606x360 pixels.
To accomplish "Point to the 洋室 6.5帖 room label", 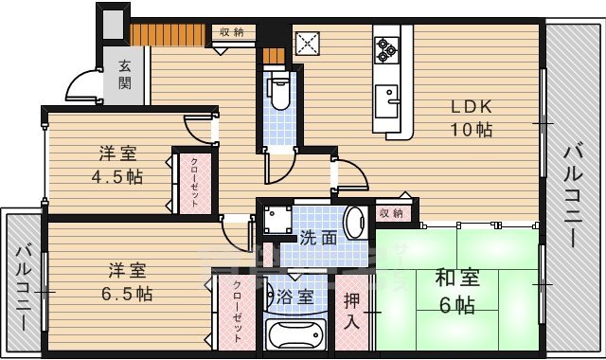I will click(128, 281).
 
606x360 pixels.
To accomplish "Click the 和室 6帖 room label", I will click(456, 292).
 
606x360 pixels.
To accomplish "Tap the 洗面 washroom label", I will click(318, 238).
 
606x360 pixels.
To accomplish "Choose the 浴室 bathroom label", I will click(295, 297).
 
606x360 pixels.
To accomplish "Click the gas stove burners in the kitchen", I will click(387, 47).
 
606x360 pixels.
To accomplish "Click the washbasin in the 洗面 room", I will click(354, 225).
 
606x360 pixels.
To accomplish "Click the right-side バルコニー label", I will click(574, 194).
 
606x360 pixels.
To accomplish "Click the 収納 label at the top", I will click(232, 32).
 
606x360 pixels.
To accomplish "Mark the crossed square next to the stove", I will click(308, 44).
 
